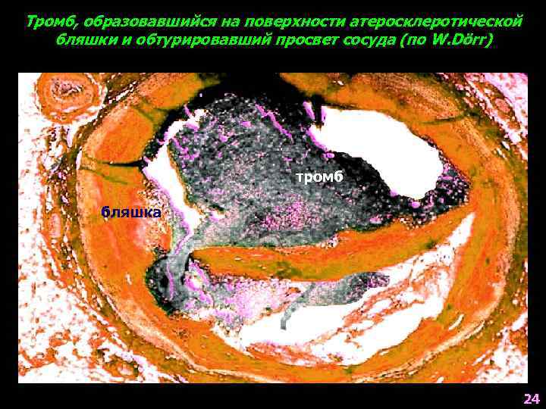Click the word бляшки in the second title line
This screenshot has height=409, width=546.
coord(82,39)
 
